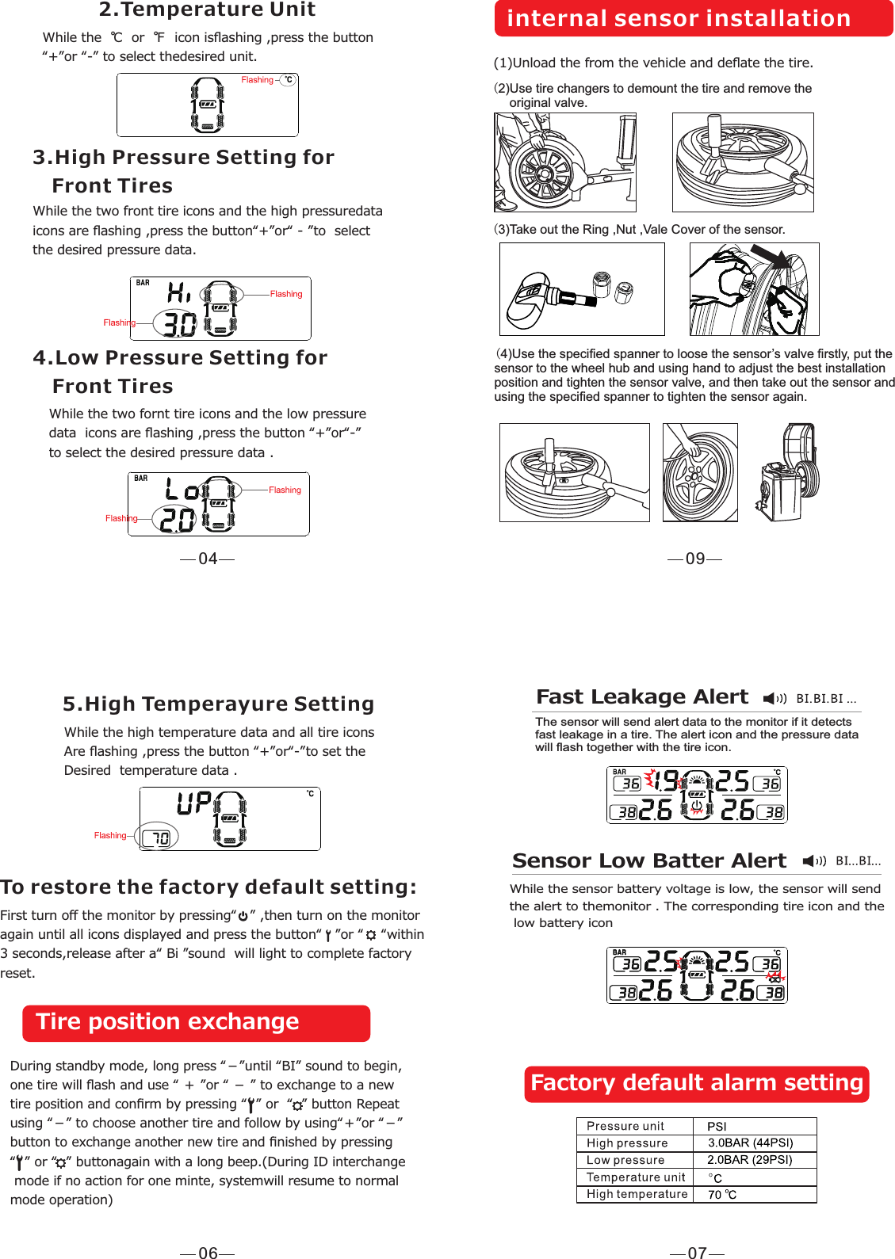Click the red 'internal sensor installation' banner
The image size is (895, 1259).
tap(693, 18)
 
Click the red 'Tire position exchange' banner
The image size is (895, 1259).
tap(196, 1023)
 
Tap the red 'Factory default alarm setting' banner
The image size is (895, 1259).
tap(696, 1084)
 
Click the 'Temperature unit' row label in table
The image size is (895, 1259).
tap(635, 1177)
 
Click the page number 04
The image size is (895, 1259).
tap(208, 559)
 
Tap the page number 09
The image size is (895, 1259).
tap(695, 559)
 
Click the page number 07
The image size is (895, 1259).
tap(697, 1253)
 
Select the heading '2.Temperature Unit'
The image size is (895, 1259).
tap(207, 10)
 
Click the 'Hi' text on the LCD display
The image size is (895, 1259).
tap(179, 292)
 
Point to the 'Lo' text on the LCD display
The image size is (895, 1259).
tap(182, 490)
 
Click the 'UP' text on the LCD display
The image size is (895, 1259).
tap(193, 803)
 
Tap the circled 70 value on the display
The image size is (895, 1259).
tap(159, 837)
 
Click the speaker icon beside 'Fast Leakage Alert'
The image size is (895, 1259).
tap(774, 698)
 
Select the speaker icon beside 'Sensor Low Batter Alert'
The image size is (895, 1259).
tap(813, 861)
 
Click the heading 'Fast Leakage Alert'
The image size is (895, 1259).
tap(642, 696)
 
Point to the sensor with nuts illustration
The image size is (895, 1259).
tap(582, 289)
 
